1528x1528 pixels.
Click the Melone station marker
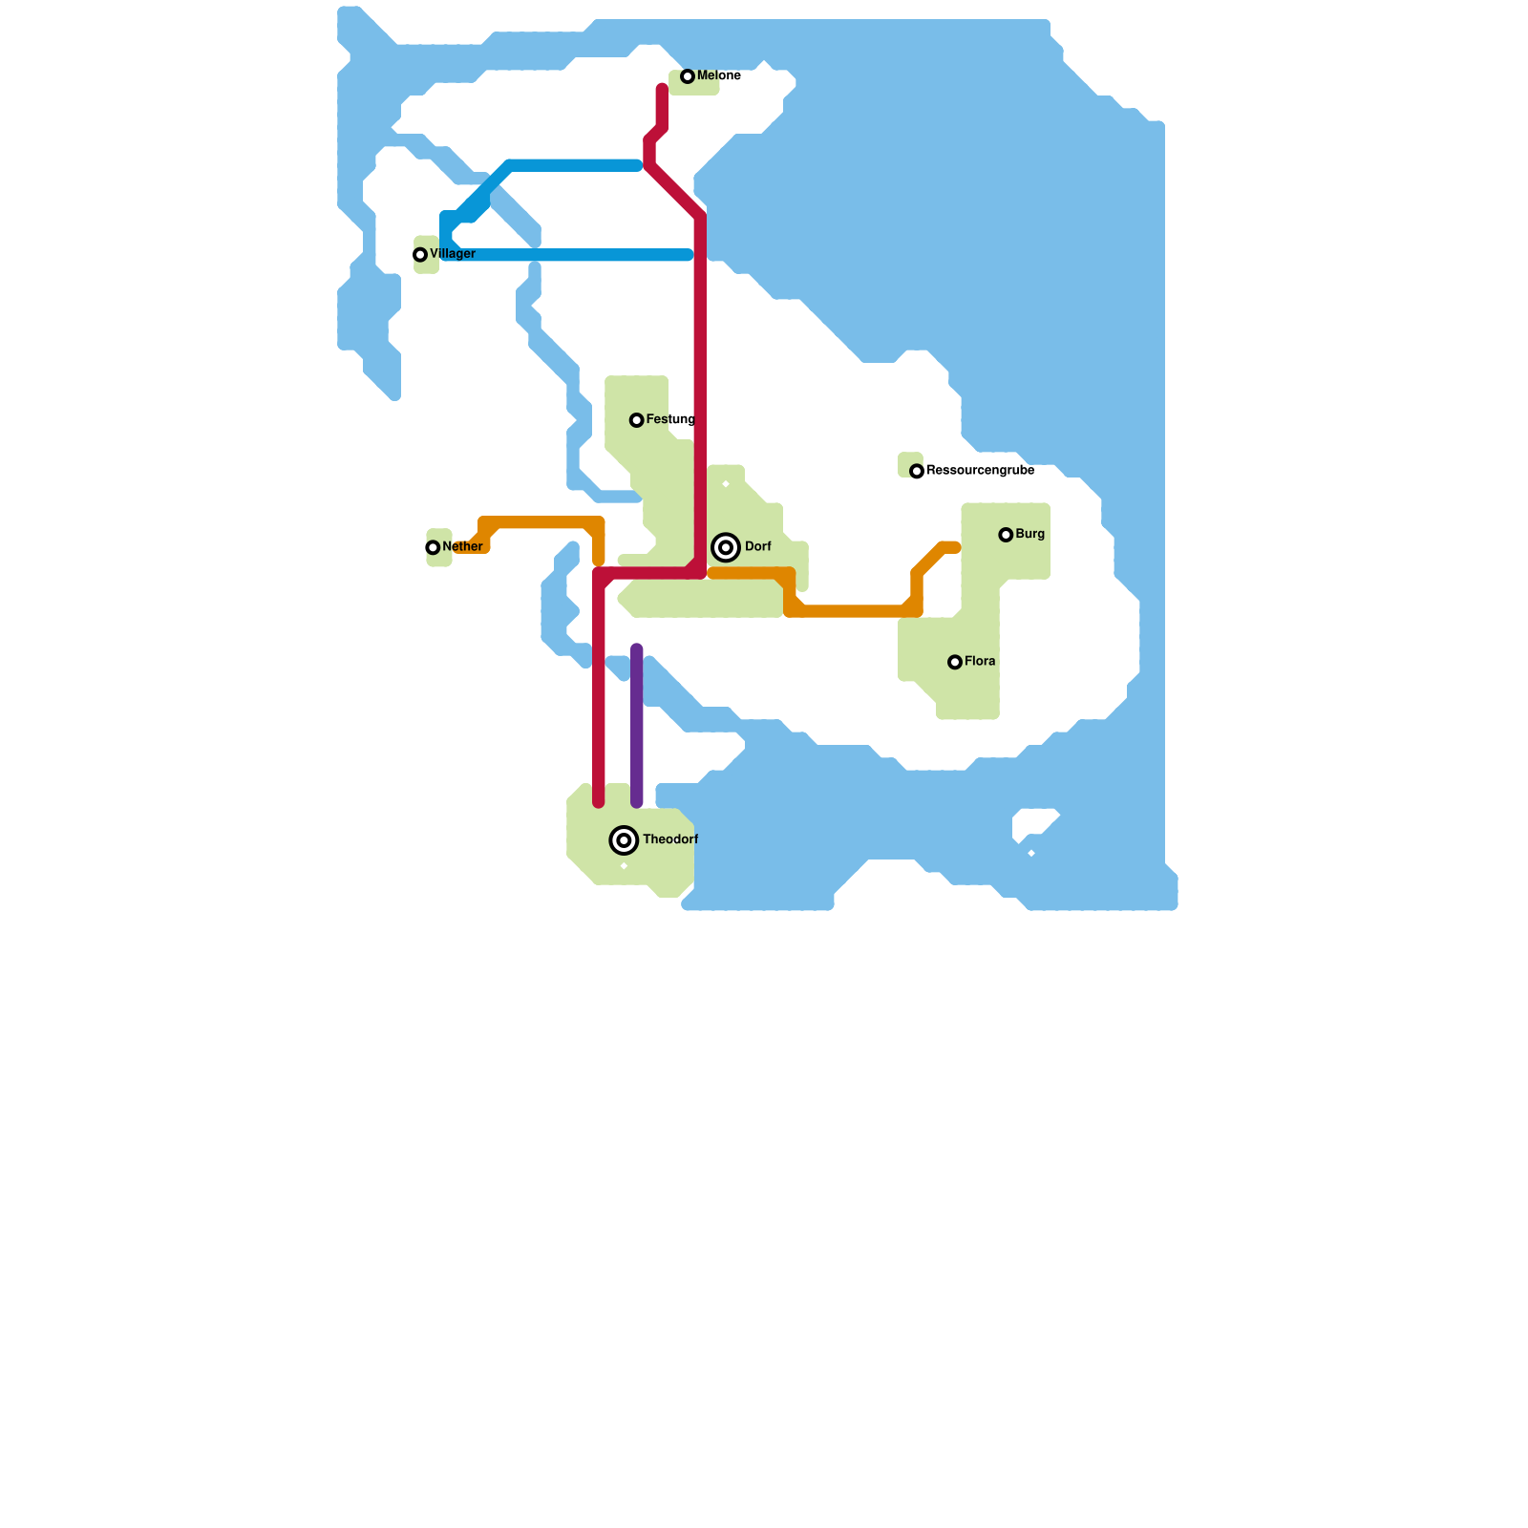[687, 76]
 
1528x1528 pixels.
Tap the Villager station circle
[420, 255]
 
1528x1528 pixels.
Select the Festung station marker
[636, 420]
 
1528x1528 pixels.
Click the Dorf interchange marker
[726, 547]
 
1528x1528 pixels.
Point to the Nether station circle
[433, 548]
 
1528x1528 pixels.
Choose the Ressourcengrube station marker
[917, 472]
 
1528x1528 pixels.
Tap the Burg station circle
[1006, 535]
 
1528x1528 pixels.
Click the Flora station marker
[954, 662]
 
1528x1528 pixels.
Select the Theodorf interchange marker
[624, 840]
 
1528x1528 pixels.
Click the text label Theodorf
[670, 840]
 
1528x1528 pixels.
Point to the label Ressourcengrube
[980, 471]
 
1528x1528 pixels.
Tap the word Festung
[670, 420]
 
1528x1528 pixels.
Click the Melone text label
[719, 76]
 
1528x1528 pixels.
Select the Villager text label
[453, 254]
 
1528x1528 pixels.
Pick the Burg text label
[1030, 535]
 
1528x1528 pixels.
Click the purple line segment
[637, 726]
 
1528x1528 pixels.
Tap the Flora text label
[980, 662]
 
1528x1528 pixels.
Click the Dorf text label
[758, 547]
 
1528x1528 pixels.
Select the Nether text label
[463, 547]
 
